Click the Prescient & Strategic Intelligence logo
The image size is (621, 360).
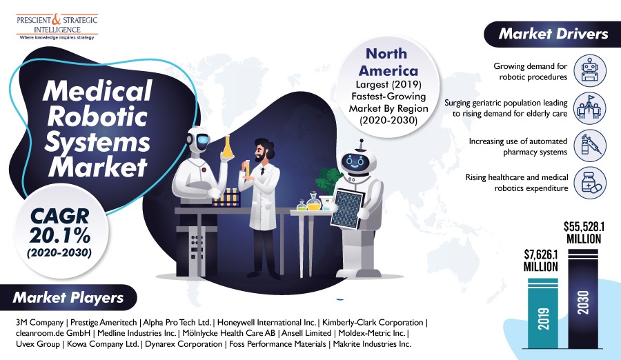pyautogui.click(x=57, y=26)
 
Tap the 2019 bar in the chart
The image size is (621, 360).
pyautogui.click(x=543, y=313)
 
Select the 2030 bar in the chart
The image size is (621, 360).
pyautogui.click(x=583, y=299)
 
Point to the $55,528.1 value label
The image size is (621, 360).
pyautogui.click(x=584, y=232)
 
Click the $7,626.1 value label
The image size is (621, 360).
pyautogui.click(x=540, y=260)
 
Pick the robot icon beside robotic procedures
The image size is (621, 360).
pyautogui.click(x=590, y=71)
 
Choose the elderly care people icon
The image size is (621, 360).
pyautogui.click(x=590, y=108)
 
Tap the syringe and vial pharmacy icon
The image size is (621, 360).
pyautogui.click(x=590, y=146)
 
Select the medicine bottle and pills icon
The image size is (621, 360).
pyautogui.click(x=590, y=183)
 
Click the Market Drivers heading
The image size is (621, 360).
pyautogui.click(x=553, y=34)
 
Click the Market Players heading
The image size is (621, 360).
pyautogui.click(x=68, y=297)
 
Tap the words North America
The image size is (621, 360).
pyautogui.click(x=388, y=62)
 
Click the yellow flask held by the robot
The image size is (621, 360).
pyautogui.click(x=227, y=148)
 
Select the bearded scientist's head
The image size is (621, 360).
pyautogui.click(x=263, y=150)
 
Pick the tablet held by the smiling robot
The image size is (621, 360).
pyautogui.click(x=347, y=209)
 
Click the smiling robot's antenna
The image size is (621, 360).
pyautogui.click(x=361, y=146)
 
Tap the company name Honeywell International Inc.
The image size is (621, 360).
pyautogui.click(x=266, y=322)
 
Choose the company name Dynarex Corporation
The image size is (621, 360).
pyautogui.click(x=184, y=343)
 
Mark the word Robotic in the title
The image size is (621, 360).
pyautogui.click(x=97, y=117)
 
